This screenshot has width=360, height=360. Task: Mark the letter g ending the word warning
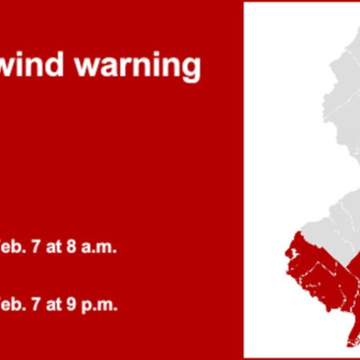tap(192, 70)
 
